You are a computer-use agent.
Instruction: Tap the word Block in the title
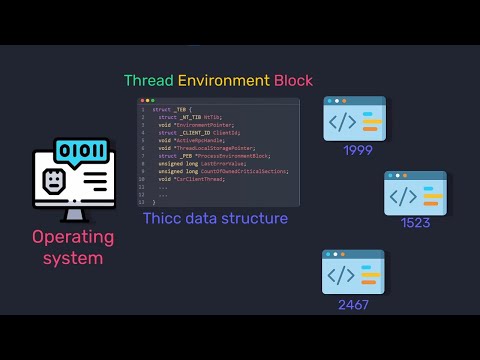tap(293, 80)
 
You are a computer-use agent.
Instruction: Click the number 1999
tap(357, 150)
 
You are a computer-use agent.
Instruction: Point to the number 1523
tap(415, 222)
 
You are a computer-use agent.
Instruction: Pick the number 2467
tap(353, 302)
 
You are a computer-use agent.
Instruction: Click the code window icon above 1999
tap(354, 119)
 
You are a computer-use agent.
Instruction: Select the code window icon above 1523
tap(415, 193)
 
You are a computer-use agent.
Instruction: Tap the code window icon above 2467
tap(353, 272)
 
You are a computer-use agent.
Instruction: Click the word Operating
tap(73, 237)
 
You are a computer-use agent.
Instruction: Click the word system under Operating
tap(72, 258)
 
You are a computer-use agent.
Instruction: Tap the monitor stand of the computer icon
tap(73, 212)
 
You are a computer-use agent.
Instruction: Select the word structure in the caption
tap(255, 218)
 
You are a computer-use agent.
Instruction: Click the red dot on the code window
tap(142, 100)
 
